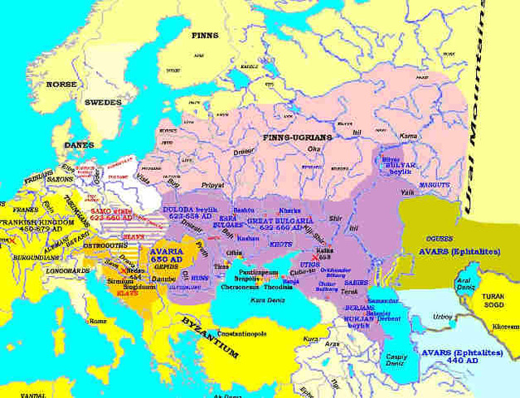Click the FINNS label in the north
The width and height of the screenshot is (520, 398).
[x=204, y=36]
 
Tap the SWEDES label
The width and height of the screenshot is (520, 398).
[x=102, y=102]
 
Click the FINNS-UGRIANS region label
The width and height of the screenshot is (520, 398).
[x=296, y=136]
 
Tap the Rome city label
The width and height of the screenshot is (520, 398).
[x=98, y=321]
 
